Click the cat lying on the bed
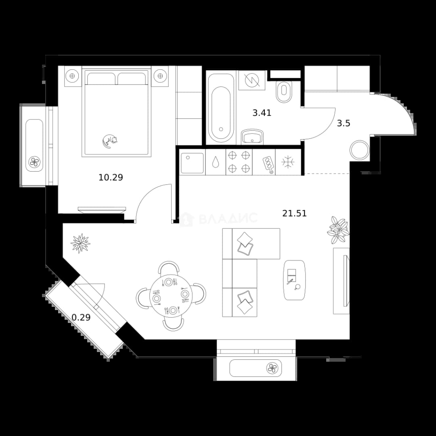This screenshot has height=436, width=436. [x=109, y=141]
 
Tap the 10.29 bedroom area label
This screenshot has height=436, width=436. [x=111, y=177]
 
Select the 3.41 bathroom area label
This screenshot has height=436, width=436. [x=262, y=113]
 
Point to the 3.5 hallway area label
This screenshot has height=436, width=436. [x=344, y=123]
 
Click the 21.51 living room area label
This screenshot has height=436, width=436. [x=294, y=213]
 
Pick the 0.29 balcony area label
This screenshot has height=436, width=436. [x=81, y=317]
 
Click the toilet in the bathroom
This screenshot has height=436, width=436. [x=284, y=92]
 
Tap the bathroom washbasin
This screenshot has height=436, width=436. [x=252, y=136]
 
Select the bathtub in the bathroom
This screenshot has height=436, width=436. [x=221, y=108]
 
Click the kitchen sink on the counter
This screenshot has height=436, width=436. [x=192, y=163]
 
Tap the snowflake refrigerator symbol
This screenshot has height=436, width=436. [x=288, y=162]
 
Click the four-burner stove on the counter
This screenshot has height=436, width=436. [x=239, y=162]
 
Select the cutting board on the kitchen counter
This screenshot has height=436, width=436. [x=268, y=165]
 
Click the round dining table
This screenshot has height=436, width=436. [x=171, y=296]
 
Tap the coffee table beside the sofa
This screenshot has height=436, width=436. [x=294, y=280]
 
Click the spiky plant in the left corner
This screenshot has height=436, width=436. [x=80, y=243]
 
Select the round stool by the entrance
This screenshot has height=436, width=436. [x=359, y=150]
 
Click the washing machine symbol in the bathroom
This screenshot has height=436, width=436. [x=252, y=80]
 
